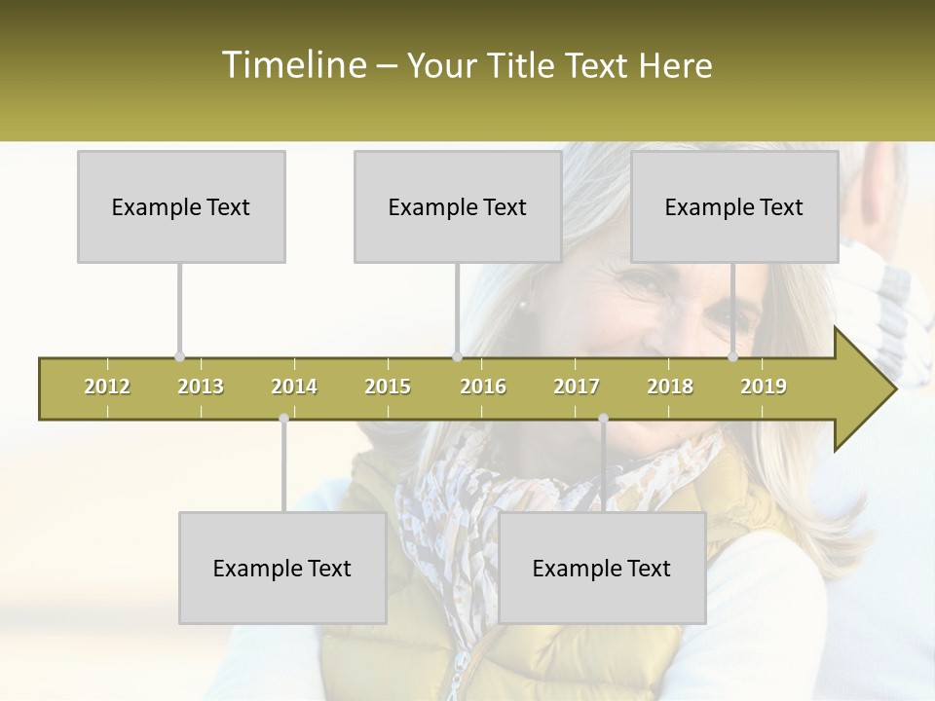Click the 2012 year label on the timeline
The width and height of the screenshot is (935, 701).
[x=107, y=387]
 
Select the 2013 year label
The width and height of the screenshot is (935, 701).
[x=201, y=387]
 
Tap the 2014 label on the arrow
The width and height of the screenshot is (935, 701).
[x=294, y=387]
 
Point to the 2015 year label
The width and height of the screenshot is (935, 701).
[x=388, y=387]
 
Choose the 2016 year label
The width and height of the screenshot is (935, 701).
[x=483, y=387]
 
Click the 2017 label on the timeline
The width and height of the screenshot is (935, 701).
[x=577, y=387]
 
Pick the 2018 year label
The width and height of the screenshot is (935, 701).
[x=670, y=387]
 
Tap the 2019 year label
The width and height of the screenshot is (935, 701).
[x=764, y=387]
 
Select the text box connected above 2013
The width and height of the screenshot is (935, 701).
[x=181, y=206]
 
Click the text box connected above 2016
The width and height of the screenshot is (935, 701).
[x=458, y=206]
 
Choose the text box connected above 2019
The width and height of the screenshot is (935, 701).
[x=734, y=206]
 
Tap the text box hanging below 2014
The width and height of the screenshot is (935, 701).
[x=282, y=568]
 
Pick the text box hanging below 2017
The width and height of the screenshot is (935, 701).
[x=602, y=568]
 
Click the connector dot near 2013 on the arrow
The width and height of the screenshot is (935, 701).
[x=179, y=357]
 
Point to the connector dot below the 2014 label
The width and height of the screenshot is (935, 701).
[x=283, y=419]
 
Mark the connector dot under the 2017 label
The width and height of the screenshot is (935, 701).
[x=603, y=419]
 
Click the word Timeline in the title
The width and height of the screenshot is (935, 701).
[x=292, y=65]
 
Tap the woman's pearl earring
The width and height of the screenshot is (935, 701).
[x=523, y=306]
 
